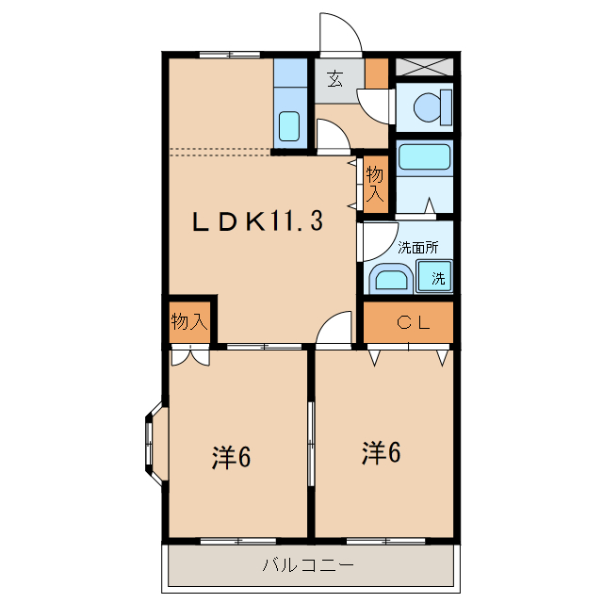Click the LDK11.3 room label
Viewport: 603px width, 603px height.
258,222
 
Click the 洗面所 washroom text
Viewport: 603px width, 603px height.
417,249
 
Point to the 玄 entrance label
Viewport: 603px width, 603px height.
335,79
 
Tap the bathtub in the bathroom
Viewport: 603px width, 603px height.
424,155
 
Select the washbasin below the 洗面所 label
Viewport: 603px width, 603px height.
390,278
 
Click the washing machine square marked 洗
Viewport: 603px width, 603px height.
437,278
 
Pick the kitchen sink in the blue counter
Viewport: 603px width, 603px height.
290,125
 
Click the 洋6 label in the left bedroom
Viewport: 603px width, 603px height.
230,458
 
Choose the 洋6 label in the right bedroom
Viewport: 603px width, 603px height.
381,453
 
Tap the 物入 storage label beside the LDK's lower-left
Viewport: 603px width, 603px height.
189,322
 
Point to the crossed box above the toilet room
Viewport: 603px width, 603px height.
423,66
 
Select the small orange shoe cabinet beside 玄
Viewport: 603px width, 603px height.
376,73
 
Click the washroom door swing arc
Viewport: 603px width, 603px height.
376,239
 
